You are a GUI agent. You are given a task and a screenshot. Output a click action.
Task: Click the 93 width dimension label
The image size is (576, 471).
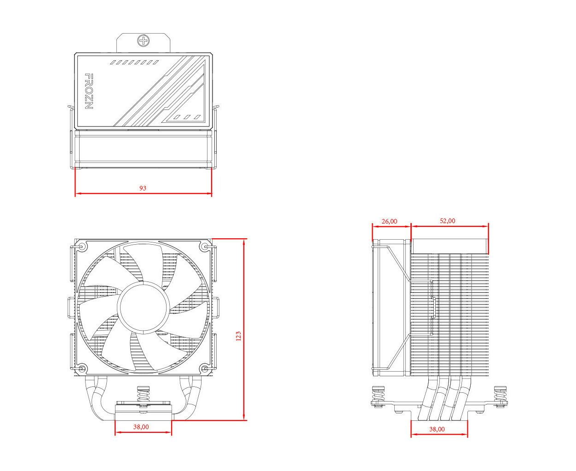point(143,188)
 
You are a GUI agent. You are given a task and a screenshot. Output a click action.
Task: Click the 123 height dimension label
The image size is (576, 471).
point(238,336)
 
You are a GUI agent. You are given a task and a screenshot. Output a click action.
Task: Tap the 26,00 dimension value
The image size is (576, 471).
point(390,221)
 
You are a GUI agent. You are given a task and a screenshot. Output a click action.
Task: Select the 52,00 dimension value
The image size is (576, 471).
point(448,221)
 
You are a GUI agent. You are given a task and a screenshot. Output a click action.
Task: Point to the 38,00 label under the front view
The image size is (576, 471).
point(141,427)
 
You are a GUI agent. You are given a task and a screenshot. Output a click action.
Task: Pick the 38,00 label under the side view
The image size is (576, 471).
point(437,430)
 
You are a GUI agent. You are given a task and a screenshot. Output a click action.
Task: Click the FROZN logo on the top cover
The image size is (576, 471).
point(89,91)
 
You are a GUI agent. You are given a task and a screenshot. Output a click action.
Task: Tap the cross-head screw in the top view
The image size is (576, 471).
point(144,41)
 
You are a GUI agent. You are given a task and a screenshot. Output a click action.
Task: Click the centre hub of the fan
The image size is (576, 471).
point(143,307)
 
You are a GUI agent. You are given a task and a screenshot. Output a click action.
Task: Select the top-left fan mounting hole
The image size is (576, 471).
point(82,247)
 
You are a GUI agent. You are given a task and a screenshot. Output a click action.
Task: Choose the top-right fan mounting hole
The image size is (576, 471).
point(205,247)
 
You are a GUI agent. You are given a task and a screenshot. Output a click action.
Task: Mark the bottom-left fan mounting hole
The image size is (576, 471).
point(82,368)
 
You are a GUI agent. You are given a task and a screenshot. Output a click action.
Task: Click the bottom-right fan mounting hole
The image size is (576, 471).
point(205,368)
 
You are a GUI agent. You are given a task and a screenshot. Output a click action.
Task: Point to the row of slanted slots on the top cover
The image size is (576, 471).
point(134,63)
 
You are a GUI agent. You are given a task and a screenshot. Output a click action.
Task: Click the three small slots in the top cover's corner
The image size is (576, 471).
point(187,117)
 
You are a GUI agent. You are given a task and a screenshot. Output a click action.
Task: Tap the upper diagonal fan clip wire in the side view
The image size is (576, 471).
point(399,263)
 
